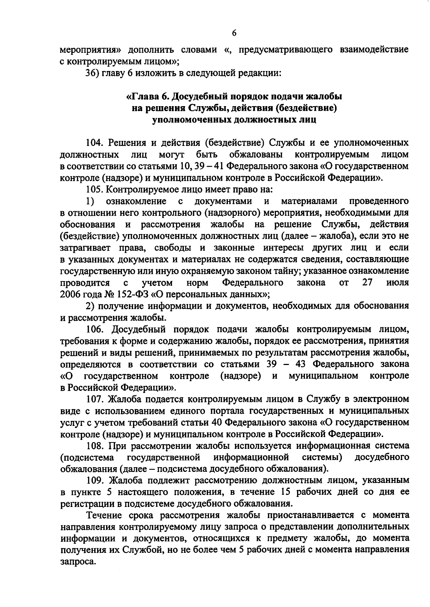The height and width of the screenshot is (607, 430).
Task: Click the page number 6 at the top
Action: pos(234,33)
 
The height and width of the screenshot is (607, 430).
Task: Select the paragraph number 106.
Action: pos(95,329)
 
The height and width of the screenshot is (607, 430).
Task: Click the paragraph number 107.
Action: pos(95,399)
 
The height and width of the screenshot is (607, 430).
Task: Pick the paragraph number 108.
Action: pos(95,446)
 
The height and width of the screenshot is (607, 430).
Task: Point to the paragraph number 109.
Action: pos(95,480)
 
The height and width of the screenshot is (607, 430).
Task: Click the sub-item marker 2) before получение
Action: pos(90,306)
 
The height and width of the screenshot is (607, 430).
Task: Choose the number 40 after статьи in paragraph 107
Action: pos(218,422)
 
